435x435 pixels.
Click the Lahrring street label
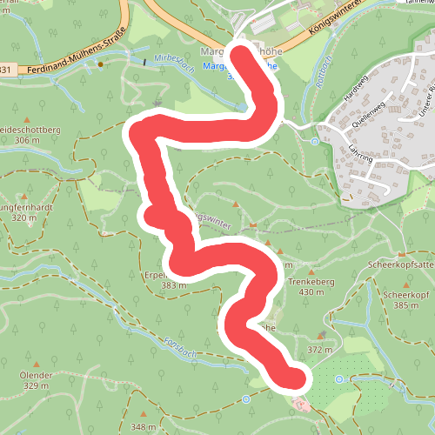360,154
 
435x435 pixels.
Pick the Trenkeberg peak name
318,281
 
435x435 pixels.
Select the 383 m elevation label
173,285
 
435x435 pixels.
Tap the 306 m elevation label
27,140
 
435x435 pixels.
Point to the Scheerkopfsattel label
401,264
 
